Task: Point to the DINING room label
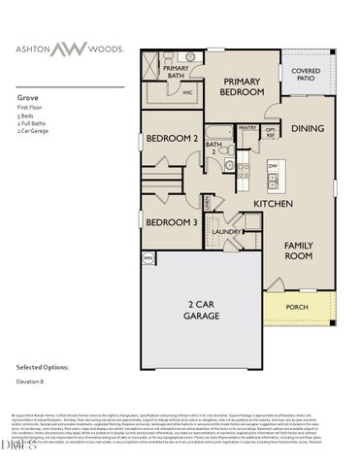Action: click(308, 128)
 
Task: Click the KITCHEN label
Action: click(273, 205)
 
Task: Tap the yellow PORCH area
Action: click(297, 308)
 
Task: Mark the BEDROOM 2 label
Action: click(172, 139)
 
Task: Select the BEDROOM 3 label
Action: click(171, 222)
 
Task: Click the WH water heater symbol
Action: click(148, 257)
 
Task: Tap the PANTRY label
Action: click(247, 127)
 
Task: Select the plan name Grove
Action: click(26, 98)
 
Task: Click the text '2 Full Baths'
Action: click(33, 126)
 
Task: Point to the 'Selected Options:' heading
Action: click(43, 367)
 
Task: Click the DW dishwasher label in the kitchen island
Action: click(273, 166)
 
